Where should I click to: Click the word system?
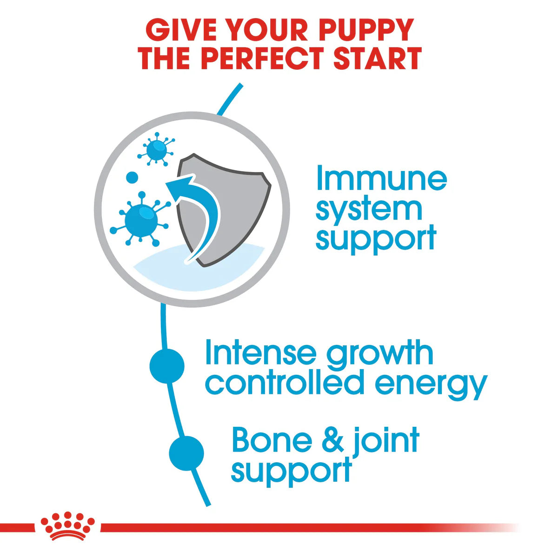pos(369,209)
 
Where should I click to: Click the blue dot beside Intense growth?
pos(167,366)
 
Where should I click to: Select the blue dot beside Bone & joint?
pos(186,453)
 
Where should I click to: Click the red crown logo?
pos(67,527)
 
